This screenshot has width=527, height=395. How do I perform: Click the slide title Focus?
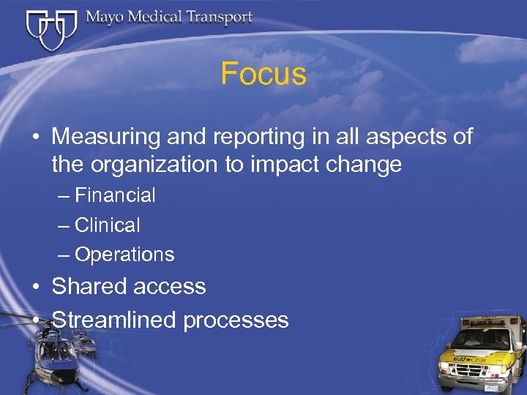[263, 74]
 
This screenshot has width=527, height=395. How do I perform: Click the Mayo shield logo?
[51, 29]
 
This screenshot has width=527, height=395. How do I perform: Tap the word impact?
[282, 165]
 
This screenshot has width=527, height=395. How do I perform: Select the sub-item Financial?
[115, 195]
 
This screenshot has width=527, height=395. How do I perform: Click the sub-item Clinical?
[107, 225]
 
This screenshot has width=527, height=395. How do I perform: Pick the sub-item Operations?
[124, 255]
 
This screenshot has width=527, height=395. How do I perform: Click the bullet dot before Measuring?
[35, 138]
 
